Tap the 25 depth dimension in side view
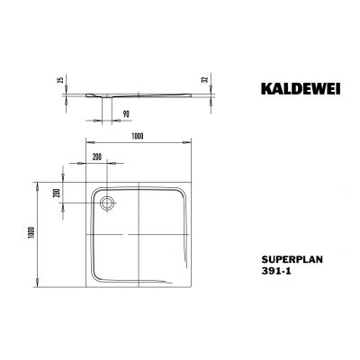click(59, 80)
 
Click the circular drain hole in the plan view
click(108, 202)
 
